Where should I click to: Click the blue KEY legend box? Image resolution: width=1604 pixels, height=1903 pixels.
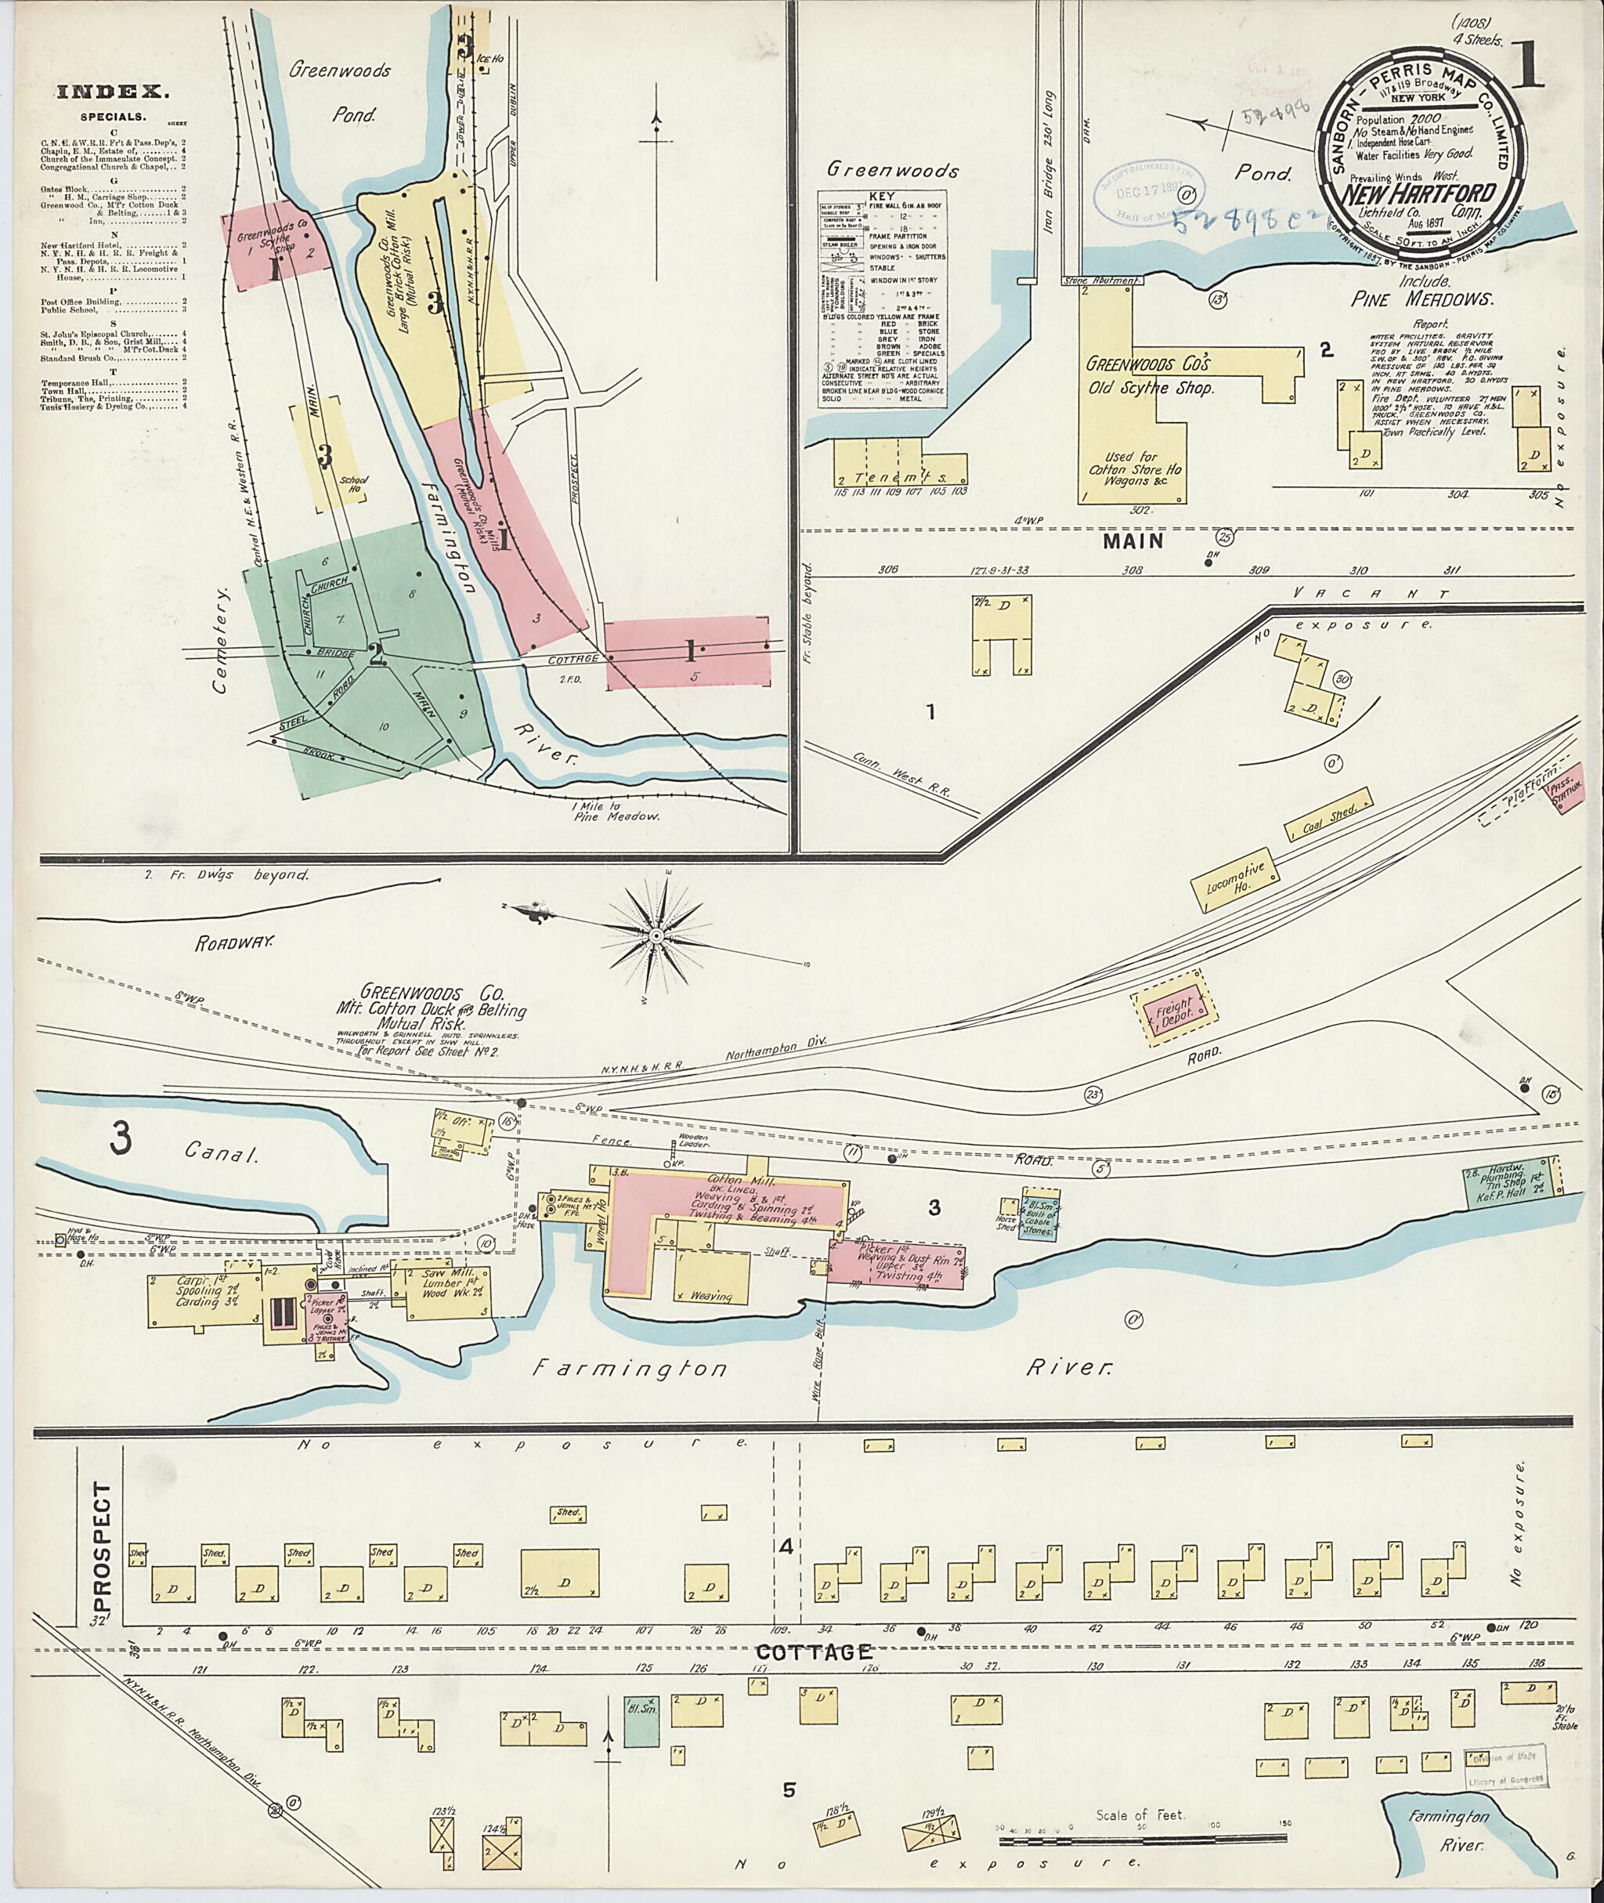[x=882, y=298]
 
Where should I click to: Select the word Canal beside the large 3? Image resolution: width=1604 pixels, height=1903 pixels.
[x=222, y=1153]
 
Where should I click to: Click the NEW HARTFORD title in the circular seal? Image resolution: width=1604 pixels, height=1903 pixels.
[x=1411, y=197]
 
